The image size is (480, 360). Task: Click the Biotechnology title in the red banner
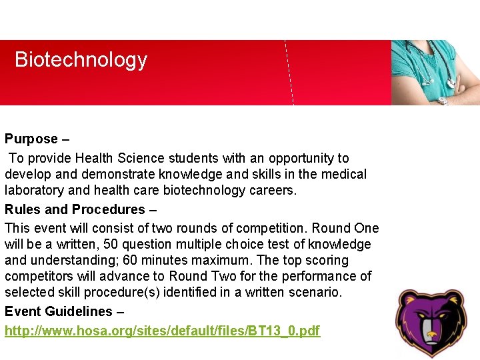point(81,60)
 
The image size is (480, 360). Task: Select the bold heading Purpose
point(31,139)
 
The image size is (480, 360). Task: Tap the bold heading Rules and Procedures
point(75,209)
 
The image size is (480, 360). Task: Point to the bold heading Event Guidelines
point(59,311)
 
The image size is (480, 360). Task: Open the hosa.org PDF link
point(163,331)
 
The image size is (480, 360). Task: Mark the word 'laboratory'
point(34,191)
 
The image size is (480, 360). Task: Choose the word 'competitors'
point(42,277)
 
